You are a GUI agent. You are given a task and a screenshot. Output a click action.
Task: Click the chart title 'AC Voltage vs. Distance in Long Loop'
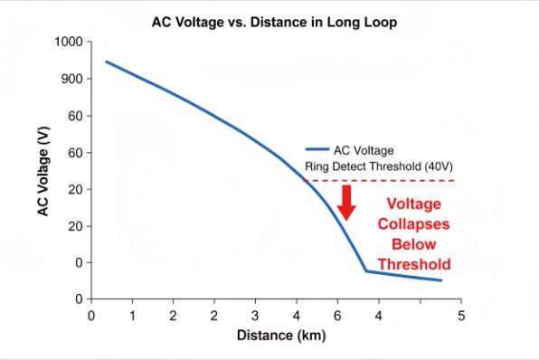[x=274, y=19]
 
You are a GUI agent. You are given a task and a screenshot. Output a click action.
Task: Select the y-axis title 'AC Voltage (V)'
[x=43, y=171]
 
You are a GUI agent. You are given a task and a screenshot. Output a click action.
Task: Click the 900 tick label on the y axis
[x=71, y=80]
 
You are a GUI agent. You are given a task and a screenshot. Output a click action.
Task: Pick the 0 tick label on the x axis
[x=91, y=316]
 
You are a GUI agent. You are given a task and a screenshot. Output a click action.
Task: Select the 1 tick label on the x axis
[x=132, y=316]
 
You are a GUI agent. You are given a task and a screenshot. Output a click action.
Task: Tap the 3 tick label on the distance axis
[x=255, y=316]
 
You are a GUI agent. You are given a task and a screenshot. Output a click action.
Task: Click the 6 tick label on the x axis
[x=338, y=316]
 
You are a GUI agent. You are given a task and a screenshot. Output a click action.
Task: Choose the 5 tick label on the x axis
[x=460, y=316]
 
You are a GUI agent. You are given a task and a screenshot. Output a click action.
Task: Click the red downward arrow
[x=345, y=202]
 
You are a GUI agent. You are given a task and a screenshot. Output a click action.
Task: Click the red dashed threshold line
[x=398, y=181]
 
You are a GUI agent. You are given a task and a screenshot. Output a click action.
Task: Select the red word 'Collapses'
[x=414, y=224]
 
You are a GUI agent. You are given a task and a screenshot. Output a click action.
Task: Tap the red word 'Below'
[x=414, y=244]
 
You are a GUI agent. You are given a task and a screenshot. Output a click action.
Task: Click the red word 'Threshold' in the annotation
[x=414, y=264]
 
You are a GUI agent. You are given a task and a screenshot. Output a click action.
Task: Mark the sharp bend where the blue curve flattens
[x=366, y=270]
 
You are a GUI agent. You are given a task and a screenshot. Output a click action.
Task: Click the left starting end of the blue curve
[x=106, y=62]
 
